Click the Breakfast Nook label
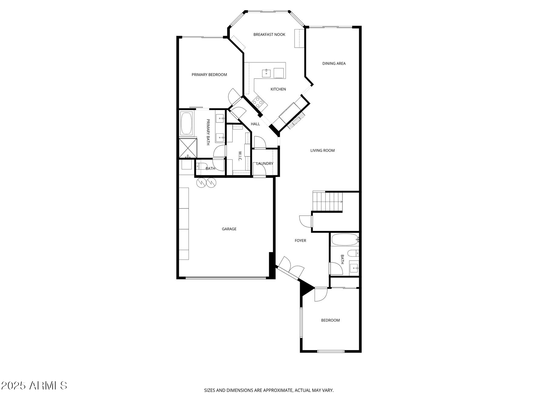click(269, 35)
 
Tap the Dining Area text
click(334, 63)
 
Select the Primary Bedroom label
click(209, 75)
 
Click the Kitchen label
click(278, 89)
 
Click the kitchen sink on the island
click(266, 73)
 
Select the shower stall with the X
click(187, 148)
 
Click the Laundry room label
click(265, 164)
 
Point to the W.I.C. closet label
click(239, 156)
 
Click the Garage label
click(229, 229)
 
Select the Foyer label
click(300, 241)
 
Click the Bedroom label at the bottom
click(330, 320)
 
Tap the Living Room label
click(322, 150)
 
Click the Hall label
click(255, 124)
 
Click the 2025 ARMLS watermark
click(34, 386)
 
